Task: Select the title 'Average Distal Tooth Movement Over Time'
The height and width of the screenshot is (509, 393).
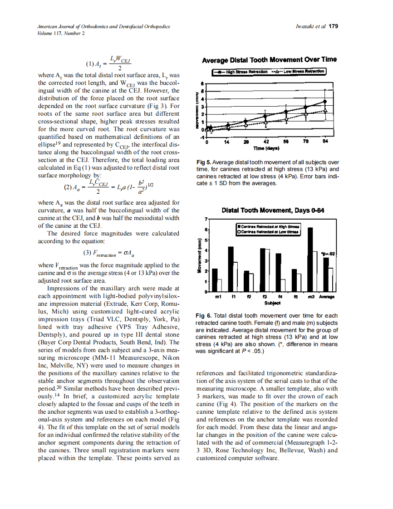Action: tap(269, 60)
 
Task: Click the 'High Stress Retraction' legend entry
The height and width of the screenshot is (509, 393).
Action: tap(242, 72)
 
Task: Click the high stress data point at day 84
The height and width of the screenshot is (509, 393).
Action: tap(325, 102)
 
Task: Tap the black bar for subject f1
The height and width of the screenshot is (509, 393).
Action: tap(231, 269)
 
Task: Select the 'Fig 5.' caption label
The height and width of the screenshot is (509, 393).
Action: tap(203, 162)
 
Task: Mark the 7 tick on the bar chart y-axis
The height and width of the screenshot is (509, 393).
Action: tap(206, 220)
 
